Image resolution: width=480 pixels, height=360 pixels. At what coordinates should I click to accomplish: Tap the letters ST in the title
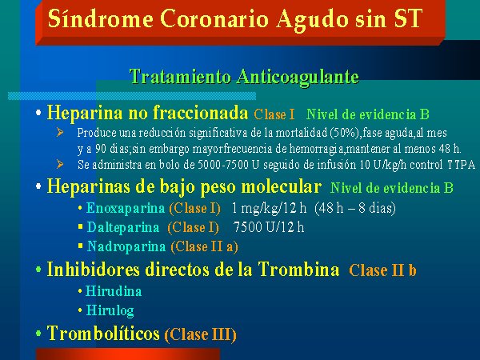pyautogui.click(x=408, y=18)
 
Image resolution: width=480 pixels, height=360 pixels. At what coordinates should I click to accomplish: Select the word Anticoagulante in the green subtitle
pyautogui.click(x=298, y=77)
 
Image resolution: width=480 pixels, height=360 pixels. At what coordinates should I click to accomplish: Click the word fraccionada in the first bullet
pyautogui.click(x=200, y=112)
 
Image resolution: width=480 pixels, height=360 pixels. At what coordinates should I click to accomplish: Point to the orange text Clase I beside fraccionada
pyautogui.click(x=274, y=114)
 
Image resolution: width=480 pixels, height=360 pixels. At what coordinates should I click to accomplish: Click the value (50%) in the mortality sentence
pyautogui.click(x=345, y=133)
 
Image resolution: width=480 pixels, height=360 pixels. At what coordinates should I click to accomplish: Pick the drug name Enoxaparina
pyautogui.click(x=126, y=208)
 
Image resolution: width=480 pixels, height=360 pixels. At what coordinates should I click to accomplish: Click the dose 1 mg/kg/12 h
pyautogui.click(x=269, y=209)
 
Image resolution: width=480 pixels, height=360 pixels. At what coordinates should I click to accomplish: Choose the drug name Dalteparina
pyautogui.click(x=123, y=227)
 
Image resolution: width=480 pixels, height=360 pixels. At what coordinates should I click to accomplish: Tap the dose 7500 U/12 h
pyautogui.click(x=269, y=227)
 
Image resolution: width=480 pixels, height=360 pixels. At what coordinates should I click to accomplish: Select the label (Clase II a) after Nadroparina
pyautogui.click(x=204, y=246)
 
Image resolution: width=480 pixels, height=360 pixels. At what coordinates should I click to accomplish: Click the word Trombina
pyautogui.click(x=298, y=270)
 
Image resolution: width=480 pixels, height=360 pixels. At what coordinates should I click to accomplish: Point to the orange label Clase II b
pyautogui.click(x=382, y=270)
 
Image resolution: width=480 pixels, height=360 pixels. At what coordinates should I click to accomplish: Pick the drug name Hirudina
pyautogui.click(x=114, y=291)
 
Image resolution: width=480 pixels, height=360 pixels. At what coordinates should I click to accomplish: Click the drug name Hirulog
pyautogui.click(x=110, y=310)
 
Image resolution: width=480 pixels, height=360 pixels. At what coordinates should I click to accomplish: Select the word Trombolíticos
pyautogui.click(x=103, y=333)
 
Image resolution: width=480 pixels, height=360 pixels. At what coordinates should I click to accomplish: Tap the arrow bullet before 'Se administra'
pyautogui.click(x=60, y=164)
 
